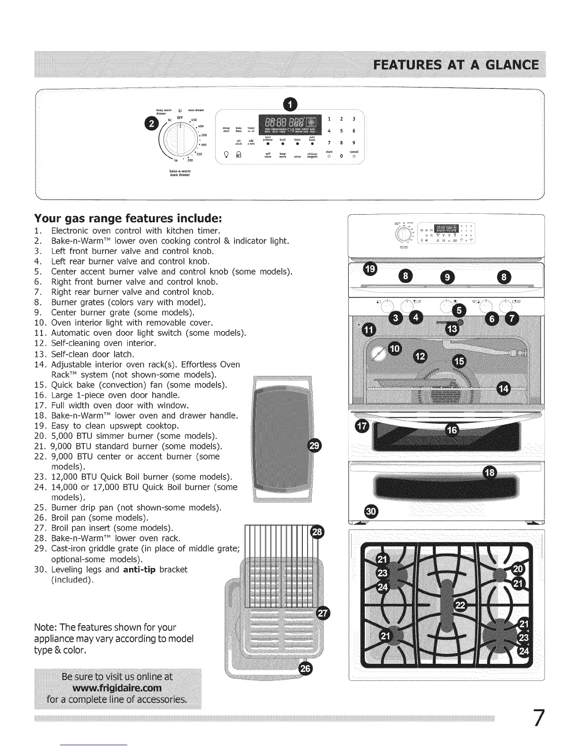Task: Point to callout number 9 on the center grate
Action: pyautogui.click(x=447, y=277)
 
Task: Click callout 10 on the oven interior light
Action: pyautogui.click(x=394, y=349)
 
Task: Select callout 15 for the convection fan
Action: pyautogui.click(x=459, y=362)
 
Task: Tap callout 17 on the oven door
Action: pyautogui.click(x=361, y=427)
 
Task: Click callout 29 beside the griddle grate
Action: pyautogui.click(x=314, y=445)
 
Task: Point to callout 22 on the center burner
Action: pyautogui.click(x=460, y=606)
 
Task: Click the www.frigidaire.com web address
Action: pyautogui.click(x=117, y=687)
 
